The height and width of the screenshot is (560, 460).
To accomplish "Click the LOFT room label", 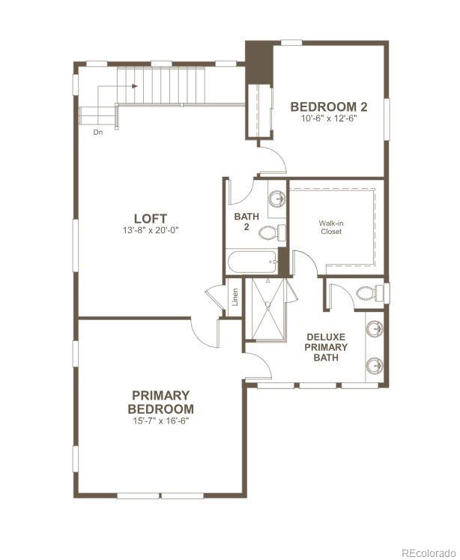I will pos(151,218).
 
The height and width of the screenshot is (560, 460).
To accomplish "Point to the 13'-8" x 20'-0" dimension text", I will pos(151,230).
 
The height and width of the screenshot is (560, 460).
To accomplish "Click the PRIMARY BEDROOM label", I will pos(160,402).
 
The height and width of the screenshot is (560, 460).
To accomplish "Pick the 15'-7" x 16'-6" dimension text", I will pos(160,421).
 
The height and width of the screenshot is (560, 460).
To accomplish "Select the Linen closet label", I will pos(235,297).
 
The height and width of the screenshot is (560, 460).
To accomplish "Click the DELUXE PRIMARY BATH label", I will pos(326,347).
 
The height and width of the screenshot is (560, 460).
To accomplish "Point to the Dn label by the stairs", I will pos(98,132).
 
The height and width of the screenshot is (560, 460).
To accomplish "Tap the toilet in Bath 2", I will pos(272,232).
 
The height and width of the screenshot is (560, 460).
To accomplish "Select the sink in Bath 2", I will pos(276,199).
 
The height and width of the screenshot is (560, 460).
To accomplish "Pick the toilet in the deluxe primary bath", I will pos(366,292).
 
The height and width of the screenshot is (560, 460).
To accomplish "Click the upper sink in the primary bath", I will pos(375,328).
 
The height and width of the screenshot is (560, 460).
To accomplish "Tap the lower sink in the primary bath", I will pos(375,365).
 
